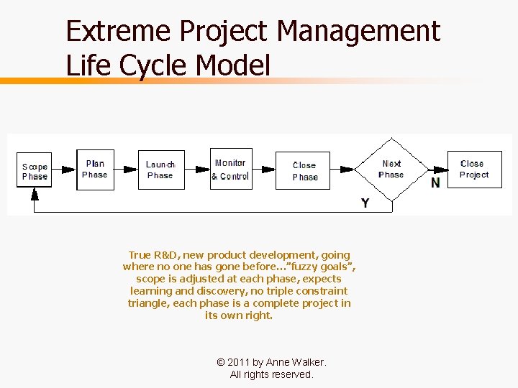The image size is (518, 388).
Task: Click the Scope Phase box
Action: (35, 171)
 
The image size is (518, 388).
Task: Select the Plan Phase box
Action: (95, 170)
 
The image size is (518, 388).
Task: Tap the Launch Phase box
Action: (160, 170)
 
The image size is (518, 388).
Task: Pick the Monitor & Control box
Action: (230, 170)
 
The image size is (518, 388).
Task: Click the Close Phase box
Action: (304, 170)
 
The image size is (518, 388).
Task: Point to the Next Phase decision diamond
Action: (391, 170)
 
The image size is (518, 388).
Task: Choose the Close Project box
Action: (475, 170)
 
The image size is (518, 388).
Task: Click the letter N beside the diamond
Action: (435, 183)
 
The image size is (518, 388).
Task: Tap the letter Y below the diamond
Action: (365, 203)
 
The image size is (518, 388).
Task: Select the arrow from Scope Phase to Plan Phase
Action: (65, 170)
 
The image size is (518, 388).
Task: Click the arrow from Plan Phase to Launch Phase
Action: (126, 170)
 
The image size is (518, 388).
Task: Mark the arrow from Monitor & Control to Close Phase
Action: (263, 170)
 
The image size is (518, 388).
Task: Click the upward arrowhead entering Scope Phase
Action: (34, 193)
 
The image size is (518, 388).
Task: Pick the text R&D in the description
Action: (167, 254)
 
